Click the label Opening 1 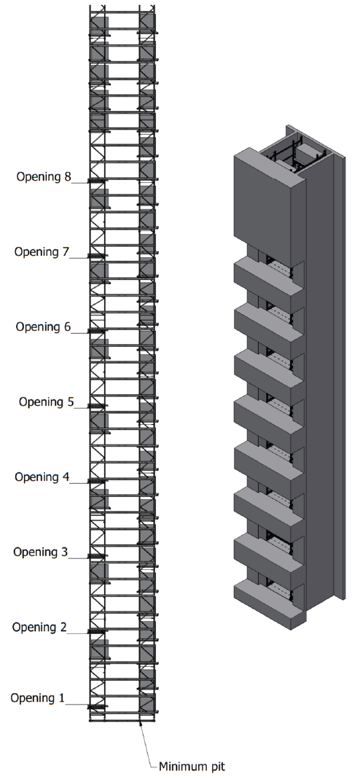pyautogui.click(x=37, y=697)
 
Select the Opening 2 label pyautogui.click(x=39, y=627)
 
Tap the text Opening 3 pyautogui.click(x=40, y=552)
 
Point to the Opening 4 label pyautogui.click(x=42, y=477)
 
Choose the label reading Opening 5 pyautogui.click(x=47, y=402)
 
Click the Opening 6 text pyautogui.click(x=43, y=327)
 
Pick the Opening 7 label pyautogui.click(x=42, y=252)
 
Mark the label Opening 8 pyautogui.click(x=44, y=176)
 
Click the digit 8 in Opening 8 pyautogui.click(x=67, y=176)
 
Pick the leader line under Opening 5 pyautogui.click(x=82, y=408)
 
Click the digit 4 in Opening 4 pyautogui.click(x=66, y=477)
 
